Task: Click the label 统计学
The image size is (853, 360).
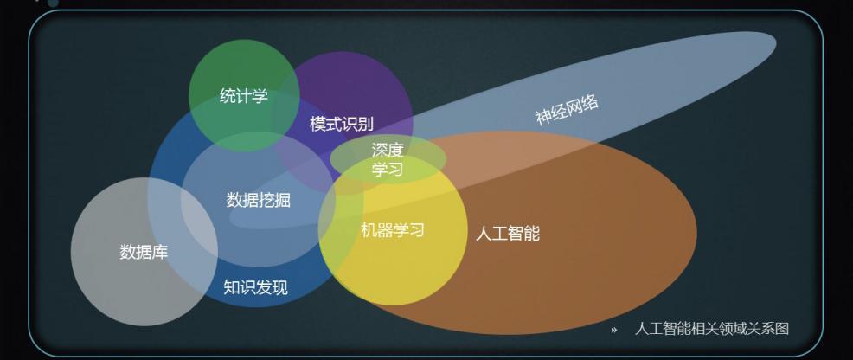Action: click(244, 96)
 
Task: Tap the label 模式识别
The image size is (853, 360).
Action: click(342, 124)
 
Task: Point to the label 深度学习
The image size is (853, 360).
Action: click(388, 159)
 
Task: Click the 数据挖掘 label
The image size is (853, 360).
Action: click(259, 200)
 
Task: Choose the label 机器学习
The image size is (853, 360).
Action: click(393, 230)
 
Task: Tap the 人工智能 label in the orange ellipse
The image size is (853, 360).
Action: click(508, 234)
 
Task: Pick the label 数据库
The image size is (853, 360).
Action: click(144, 253)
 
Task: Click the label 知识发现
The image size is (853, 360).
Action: click(256, 286)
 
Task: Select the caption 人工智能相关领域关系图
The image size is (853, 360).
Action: click(712, 329)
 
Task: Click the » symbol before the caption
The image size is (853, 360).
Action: click(614, 330)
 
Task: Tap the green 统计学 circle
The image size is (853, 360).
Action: click(244, 94)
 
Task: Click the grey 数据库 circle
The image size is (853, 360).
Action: click(144, 252)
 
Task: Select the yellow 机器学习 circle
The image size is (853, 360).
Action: click(393, 230)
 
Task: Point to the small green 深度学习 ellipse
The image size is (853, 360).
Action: click(388, 158)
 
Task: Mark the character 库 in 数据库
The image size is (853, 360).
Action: click(160, 253)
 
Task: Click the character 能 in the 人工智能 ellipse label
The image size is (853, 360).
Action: click(532, 234)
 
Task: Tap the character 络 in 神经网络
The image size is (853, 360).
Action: click(591, 102)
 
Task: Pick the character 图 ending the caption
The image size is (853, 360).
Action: click(782, 329)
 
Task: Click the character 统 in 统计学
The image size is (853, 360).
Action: click(228, 96)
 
